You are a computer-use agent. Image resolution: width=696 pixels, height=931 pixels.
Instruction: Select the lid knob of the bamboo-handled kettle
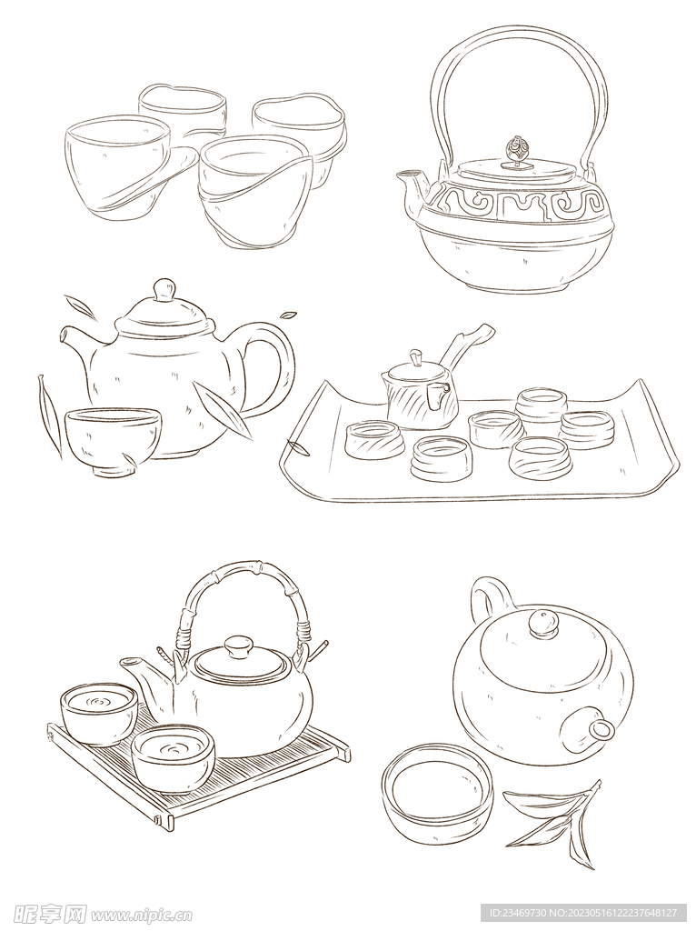click(x=239, y=646)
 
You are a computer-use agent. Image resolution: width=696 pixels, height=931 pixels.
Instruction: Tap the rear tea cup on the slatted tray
click(x=99, y=713)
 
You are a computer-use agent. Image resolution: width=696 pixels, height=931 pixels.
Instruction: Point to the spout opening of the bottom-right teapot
click(x=602, y=728)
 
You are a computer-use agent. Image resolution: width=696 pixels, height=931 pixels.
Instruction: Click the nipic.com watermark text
click(x=142, y=912)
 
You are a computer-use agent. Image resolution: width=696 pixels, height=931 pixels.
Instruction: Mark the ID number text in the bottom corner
click(x=581, y=912)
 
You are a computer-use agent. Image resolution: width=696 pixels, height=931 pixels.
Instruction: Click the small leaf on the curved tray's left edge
click(x=298, y=447)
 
